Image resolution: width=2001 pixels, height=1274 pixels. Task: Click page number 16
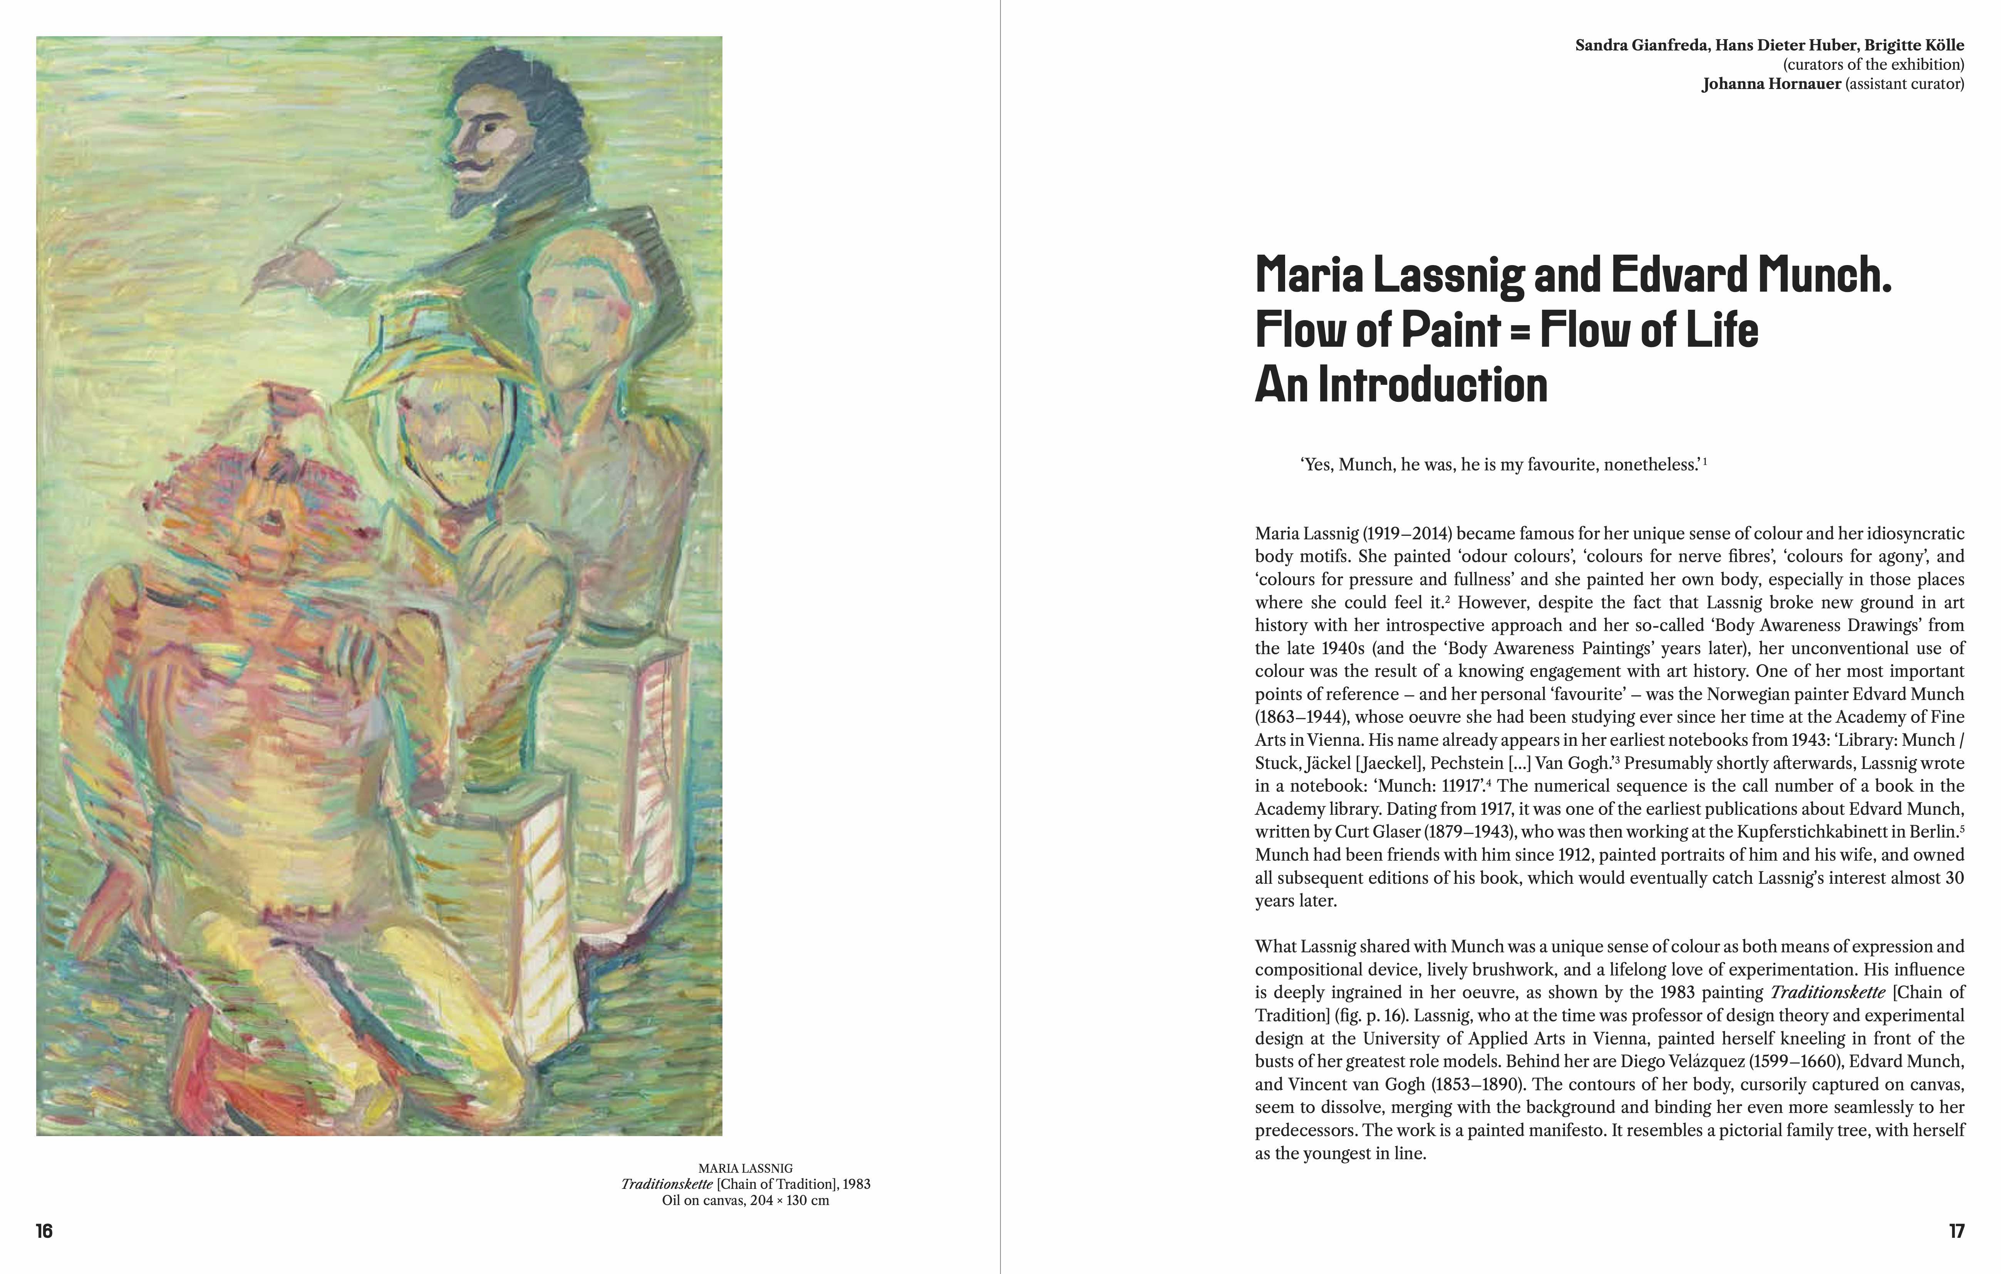(x=44, y=1231)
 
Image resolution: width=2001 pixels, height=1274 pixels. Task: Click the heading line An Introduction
(x=1401, y=385)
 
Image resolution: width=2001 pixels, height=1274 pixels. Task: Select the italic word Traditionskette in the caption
(x=667, y=1184)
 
